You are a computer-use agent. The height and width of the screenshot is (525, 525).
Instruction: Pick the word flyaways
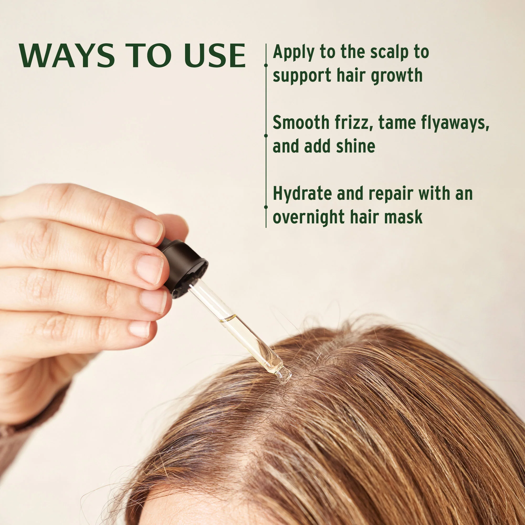coord(455,123)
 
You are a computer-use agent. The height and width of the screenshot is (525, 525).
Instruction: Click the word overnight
coord(309,217)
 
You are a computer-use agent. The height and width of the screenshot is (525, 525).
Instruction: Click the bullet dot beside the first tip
coord(266,65)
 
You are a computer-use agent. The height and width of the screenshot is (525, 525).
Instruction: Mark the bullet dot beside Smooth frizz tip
coord(266,135)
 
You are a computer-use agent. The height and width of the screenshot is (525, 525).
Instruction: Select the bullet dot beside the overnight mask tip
coord(266,207)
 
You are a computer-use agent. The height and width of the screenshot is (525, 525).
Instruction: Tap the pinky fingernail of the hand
coord(140,329)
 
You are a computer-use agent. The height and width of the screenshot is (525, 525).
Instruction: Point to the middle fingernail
coord(150,269)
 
